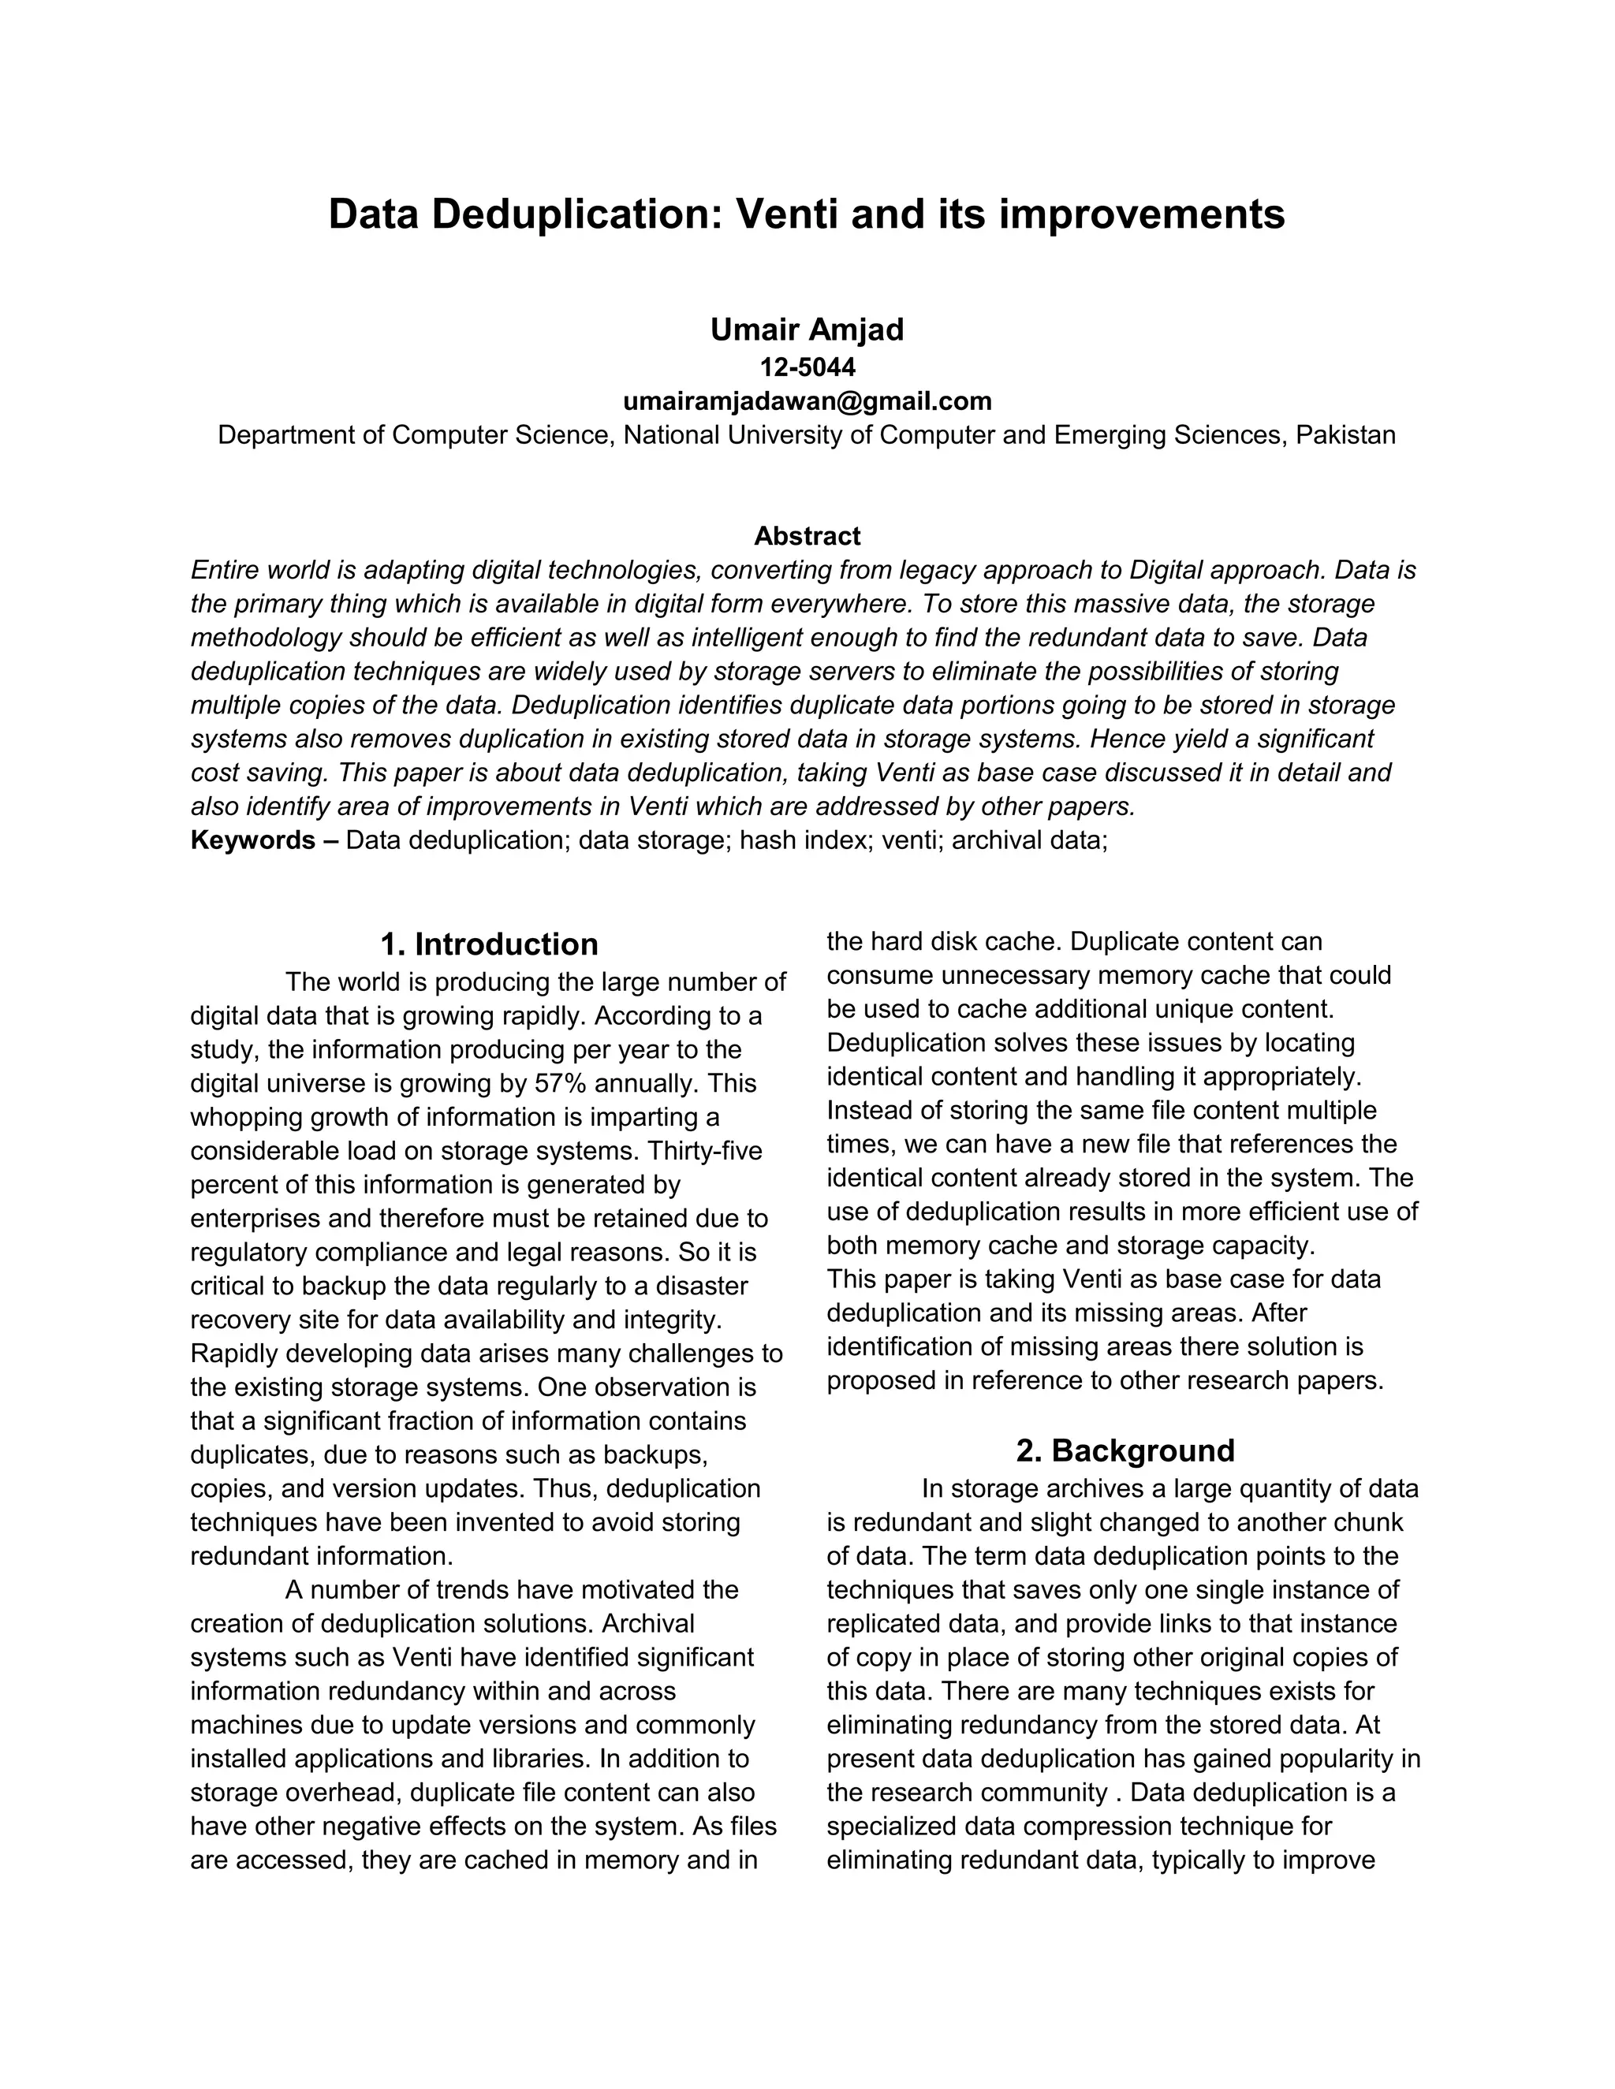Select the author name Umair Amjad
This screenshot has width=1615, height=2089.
click(807, 330)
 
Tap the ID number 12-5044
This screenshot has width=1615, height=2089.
click(807, 367)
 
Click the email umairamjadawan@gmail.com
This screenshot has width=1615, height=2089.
click(807, 400)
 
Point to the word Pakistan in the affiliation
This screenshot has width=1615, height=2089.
click(1345, 435)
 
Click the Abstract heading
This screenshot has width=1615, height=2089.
click(807, 535)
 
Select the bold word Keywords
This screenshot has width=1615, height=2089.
click(252, 841)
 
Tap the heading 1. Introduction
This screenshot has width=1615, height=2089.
click(489, 944)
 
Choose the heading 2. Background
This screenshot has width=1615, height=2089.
click(1125, 1451)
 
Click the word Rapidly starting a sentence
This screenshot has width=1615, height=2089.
click(234, 1354)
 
